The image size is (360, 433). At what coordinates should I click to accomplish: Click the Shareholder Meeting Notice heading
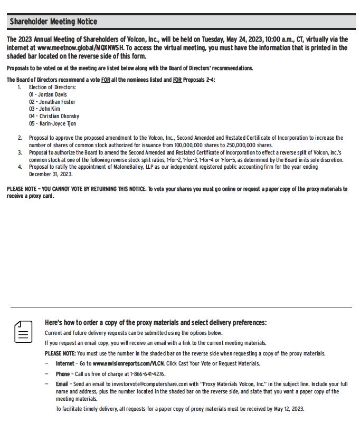coord(53,22)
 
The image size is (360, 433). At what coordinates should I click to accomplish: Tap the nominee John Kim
coord(49,109)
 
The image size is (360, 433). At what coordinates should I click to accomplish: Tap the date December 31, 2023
coord(51,174)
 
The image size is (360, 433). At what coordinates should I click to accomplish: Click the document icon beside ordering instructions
coord(23,332)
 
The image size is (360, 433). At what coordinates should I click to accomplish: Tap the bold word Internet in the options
coord(65,363)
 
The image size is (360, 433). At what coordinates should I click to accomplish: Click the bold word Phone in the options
coord(62,374)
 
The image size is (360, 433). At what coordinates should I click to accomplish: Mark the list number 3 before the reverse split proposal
coord(20,152)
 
